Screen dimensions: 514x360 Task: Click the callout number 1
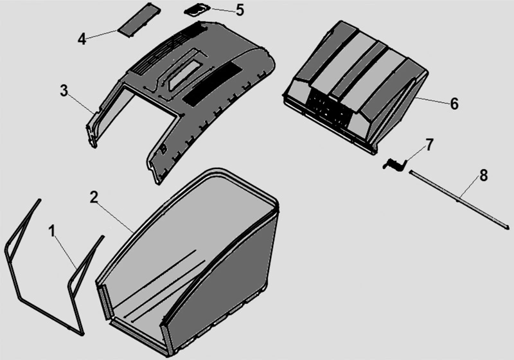click(52, 231)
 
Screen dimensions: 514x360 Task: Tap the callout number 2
click(94, 197)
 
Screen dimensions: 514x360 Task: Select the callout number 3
click(64, 91)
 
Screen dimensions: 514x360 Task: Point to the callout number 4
click(82, 39)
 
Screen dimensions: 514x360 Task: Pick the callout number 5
click(240, 10)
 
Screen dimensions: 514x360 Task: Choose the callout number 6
click(454, 104)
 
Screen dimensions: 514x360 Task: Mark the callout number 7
click(429, 145)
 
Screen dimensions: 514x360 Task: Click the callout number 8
click(484, 175)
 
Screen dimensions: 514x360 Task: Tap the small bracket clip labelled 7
click(394, 164)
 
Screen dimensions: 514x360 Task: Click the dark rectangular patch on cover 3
click(212, 83)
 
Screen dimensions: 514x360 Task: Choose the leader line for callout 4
click(102, 35)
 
